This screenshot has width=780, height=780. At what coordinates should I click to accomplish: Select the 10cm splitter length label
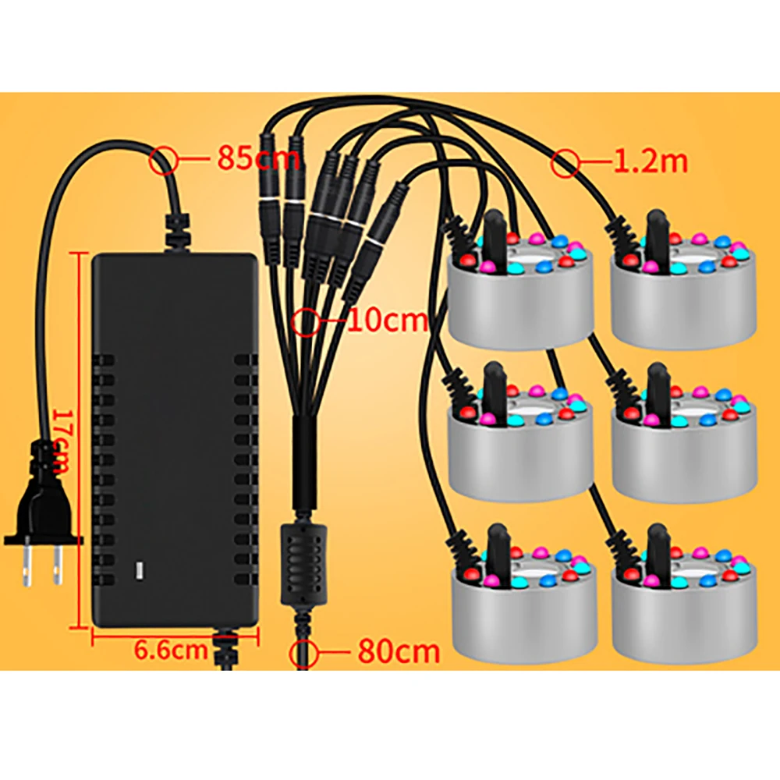tap(387, 321)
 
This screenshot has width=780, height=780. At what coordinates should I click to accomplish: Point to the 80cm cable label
tap(399, 651)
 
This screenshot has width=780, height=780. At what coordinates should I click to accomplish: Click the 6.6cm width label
tap(171, 650)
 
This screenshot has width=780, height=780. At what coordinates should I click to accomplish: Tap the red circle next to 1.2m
tap(565, 163)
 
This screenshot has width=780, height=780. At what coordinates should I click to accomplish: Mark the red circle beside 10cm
tap(307, 321)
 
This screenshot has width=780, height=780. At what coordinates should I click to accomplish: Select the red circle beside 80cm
tap(304, 653)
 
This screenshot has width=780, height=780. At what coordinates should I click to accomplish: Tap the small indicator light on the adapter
tap(140, 570)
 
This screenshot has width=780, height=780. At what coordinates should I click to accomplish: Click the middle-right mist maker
tap(683, 443)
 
